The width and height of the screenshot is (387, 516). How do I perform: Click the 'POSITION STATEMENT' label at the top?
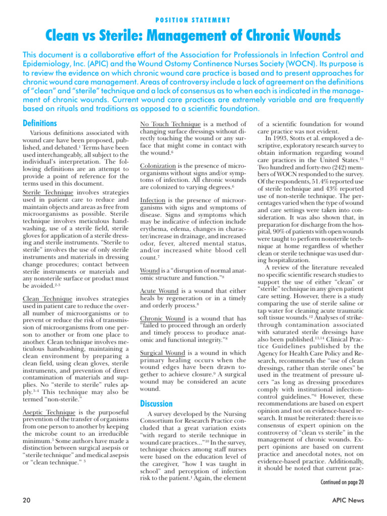(193, 21)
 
